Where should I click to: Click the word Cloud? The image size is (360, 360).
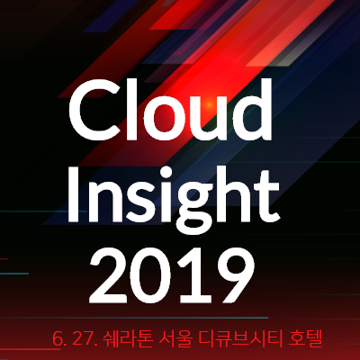[170, 109]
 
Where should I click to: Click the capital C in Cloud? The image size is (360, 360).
[93, 111]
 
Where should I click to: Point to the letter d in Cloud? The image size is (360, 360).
[251, 110]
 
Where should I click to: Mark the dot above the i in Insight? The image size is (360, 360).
[160, 170]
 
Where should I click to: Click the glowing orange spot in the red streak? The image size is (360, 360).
[209, 104]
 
